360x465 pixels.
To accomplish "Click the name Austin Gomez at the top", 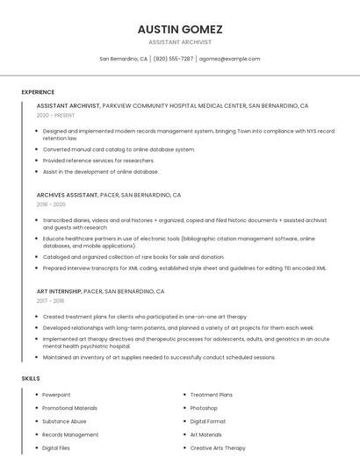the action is [x=179, y=29].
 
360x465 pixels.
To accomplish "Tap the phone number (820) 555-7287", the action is [x=173, y=59].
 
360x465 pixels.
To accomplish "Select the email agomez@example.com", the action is [x=229, y=59].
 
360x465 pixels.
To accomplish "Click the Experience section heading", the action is [x=38, y=92].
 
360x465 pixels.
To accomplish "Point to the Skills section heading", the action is [x=31, y=378].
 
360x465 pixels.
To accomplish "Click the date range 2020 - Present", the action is [x=57, y=115].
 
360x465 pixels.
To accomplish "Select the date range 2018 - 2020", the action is [x=52, y=204].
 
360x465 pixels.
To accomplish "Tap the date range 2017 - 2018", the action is [x=52, y=301].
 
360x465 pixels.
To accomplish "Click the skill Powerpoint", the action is [x=56, y=395].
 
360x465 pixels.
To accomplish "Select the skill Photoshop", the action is [x=204, y=408].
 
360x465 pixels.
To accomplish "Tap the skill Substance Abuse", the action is [x=64, y=421].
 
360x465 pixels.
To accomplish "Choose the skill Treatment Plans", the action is [x=211, y=395].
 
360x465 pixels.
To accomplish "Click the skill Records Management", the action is [x=70, y=434].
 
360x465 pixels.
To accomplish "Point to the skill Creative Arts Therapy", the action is [x=219, y=447].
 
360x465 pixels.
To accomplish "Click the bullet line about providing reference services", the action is [x=98, y=161].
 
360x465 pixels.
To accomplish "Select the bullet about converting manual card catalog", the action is [x=119, y=149].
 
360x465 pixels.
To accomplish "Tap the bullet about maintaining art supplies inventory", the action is [x=159, y=357].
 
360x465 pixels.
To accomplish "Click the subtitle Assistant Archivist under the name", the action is [x=179, y=42].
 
